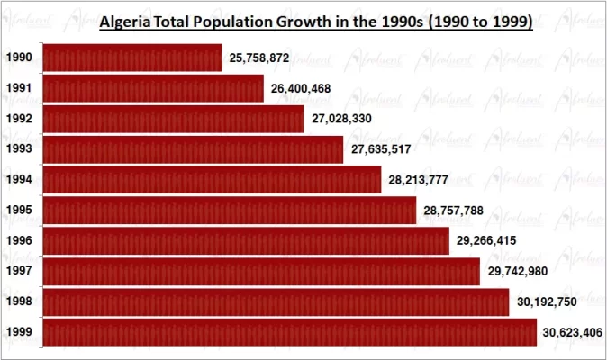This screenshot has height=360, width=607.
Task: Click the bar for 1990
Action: point(131,58)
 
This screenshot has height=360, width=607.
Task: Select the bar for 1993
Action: point(193,149)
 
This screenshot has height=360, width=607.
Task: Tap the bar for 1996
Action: point(245,241)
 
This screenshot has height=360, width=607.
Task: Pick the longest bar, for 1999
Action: point(289,332)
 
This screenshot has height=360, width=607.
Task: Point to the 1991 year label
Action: point(19,88)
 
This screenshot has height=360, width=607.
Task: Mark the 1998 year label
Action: point(19,301)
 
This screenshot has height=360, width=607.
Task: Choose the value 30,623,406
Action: point(573,332)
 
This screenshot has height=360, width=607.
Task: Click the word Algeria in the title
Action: point(125,21)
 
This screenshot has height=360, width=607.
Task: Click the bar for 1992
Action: point(173,119)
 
